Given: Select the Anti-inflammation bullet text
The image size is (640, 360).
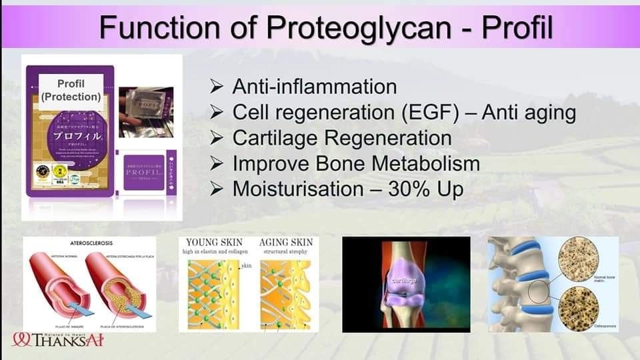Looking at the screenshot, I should (314, 87).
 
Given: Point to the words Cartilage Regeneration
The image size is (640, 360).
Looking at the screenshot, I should (341, 138).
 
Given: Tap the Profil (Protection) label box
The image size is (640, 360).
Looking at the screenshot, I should (71, 90).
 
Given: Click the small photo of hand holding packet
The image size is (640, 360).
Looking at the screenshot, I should (145, 112).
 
